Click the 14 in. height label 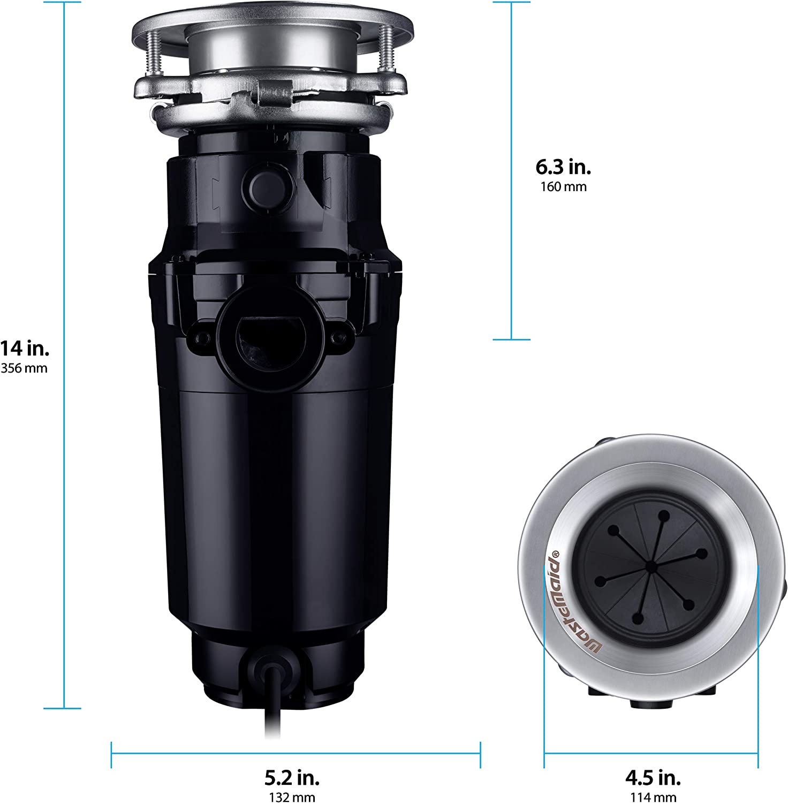point(25,349)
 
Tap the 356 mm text point(24,368)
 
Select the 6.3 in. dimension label point(563,167)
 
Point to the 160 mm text point(563,187)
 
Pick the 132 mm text point(292,797)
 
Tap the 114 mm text point(653,797)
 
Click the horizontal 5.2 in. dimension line point(295,754)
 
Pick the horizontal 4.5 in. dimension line point(651,754)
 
